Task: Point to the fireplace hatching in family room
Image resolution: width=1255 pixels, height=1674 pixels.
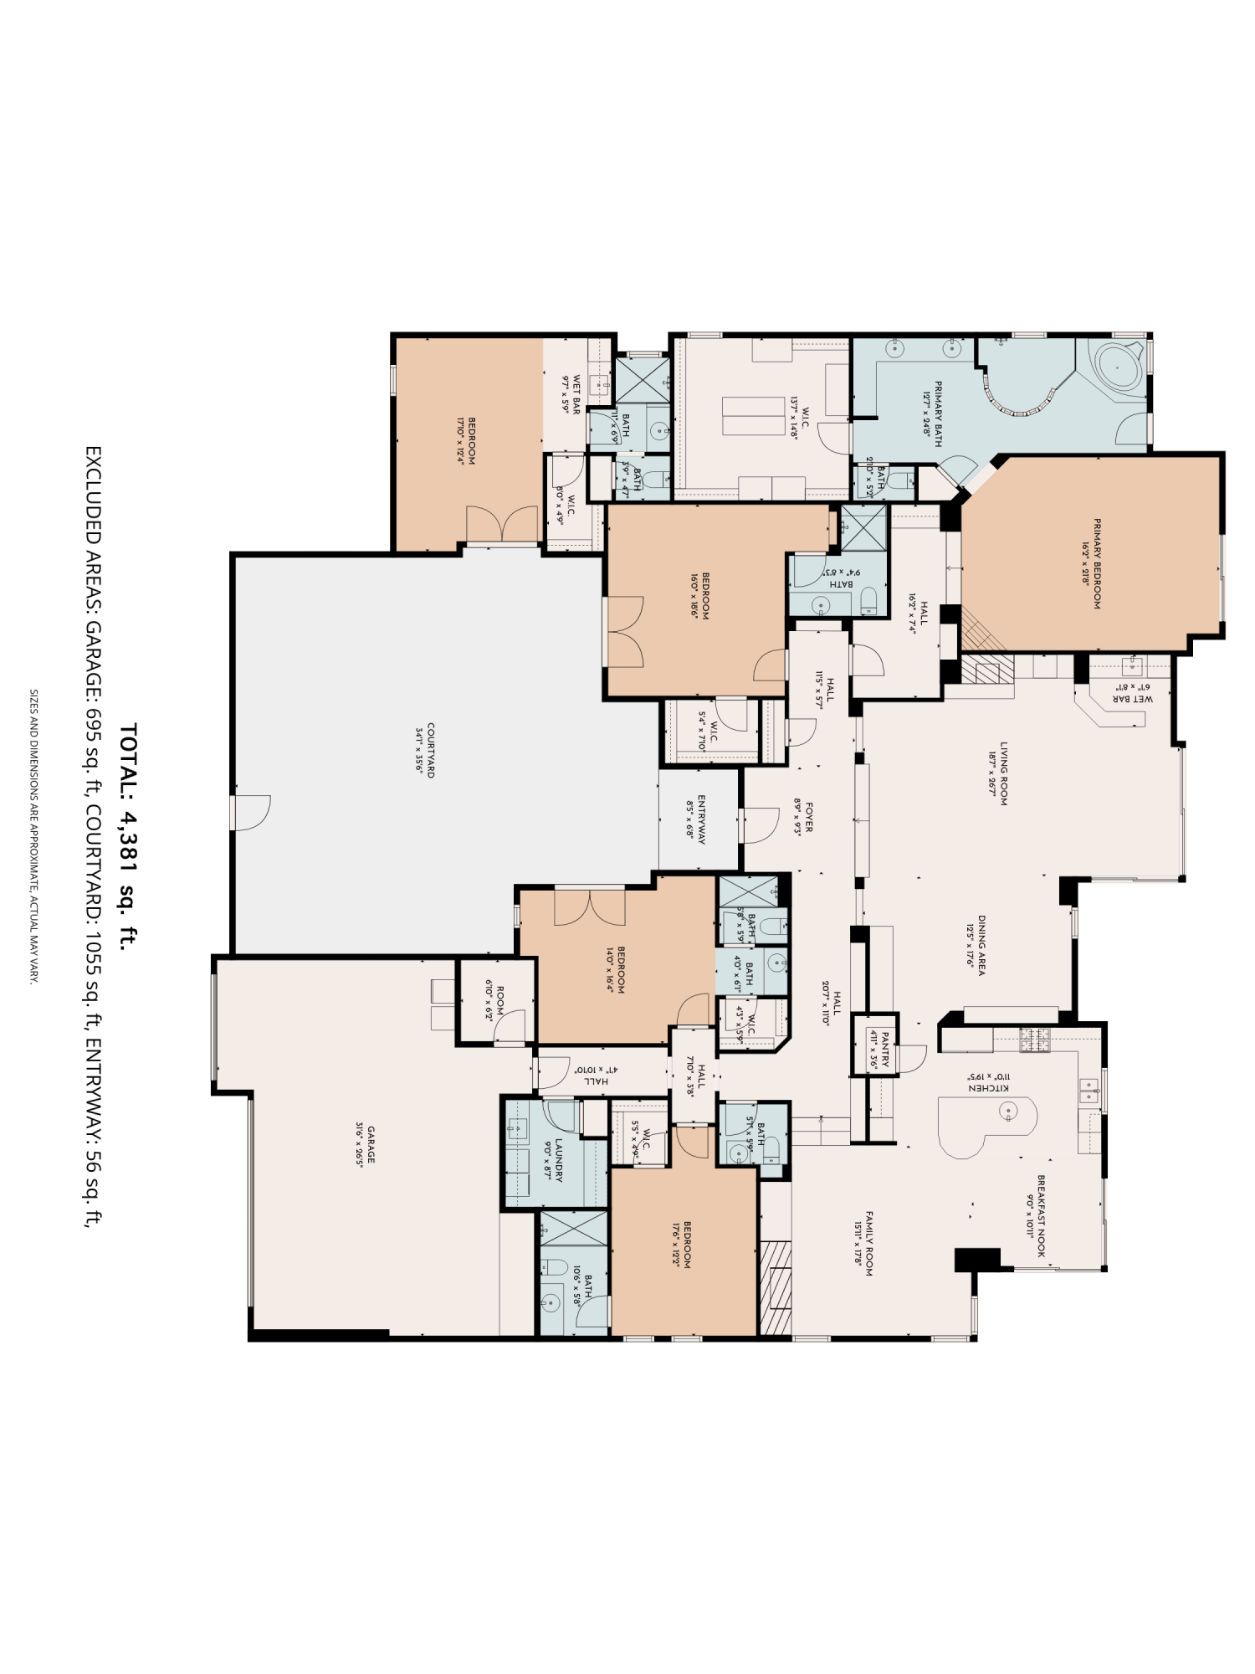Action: (x=776, y=1286)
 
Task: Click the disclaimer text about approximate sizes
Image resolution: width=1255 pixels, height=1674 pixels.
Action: (x=34, y=836)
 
